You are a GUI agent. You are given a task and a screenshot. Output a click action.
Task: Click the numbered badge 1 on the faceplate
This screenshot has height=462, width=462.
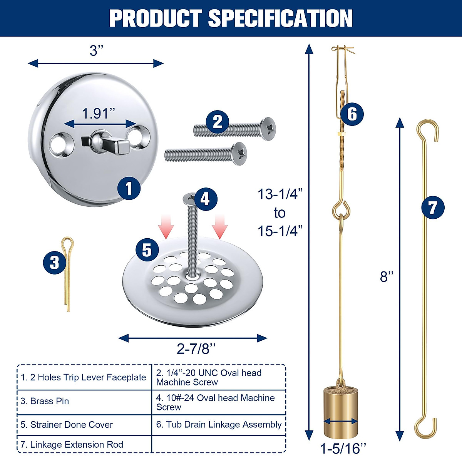point(129,188)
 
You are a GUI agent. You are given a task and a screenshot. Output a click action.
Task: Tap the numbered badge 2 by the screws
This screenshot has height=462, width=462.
point(218,122)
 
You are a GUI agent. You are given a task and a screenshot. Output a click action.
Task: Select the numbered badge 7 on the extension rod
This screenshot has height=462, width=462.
point(433,208)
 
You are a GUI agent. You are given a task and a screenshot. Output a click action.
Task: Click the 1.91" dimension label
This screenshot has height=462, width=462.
point(98,114)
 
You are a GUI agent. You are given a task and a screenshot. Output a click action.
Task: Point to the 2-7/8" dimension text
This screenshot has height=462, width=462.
point(196,349)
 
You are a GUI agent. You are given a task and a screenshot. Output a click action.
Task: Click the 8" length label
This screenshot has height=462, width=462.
point(387,276)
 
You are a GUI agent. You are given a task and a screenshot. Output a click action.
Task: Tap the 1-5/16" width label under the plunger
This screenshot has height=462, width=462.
point(343,448)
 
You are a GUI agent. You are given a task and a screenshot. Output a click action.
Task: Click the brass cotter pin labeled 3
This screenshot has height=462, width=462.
point(67,273)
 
